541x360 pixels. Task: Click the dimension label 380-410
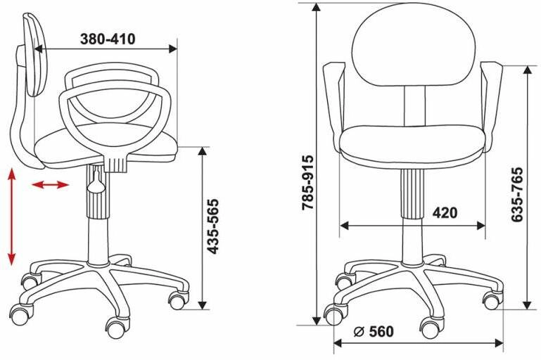point(108,39)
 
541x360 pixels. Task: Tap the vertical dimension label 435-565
point(213,226)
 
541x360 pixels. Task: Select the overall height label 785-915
point(307,182)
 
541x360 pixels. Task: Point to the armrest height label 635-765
point(518,195)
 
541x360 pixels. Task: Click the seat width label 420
point(445,213)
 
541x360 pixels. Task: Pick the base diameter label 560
point(381,332)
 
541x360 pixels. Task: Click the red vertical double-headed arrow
point(12,217)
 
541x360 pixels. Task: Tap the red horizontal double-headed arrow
point(51,185)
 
